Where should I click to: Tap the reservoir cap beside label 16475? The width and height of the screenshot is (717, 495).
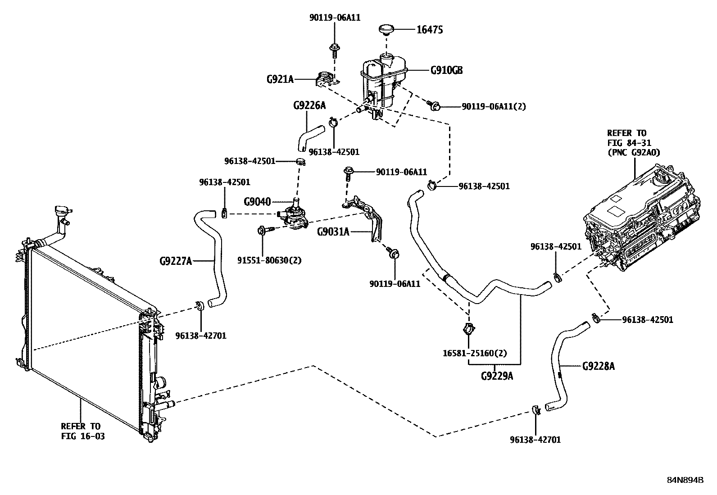coord(386,30)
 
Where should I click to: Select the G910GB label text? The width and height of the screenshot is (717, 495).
coord(446,70)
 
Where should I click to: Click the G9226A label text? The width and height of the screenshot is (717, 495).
coord(309,105)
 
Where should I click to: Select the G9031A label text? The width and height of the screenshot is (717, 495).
coord(333,232)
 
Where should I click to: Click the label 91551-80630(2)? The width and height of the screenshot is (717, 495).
coord(269,260)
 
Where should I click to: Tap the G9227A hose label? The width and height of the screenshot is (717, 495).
coord(176,260)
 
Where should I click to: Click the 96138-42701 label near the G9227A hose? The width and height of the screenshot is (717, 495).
coord(201,336)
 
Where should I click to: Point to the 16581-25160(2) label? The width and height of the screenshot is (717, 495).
coord(469,353)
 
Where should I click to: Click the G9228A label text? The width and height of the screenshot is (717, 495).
coord(598,366)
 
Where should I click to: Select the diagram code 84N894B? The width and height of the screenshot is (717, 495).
coord(685,480)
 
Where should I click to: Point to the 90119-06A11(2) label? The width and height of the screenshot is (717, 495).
coord(494,107)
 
